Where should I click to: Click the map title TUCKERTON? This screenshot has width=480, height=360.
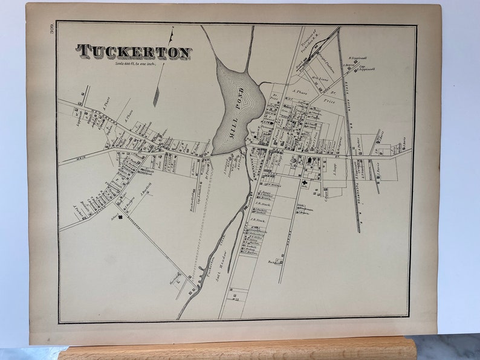click(x=134, y=53)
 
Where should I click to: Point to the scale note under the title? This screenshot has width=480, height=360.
click(x=134, y=64)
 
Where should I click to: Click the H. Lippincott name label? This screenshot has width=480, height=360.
click(x=358, y=59)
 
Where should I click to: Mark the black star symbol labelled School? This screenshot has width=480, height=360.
click(x=121, y=218)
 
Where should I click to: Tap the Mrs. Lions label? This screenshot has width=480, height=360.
click(x=319, y=78)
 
